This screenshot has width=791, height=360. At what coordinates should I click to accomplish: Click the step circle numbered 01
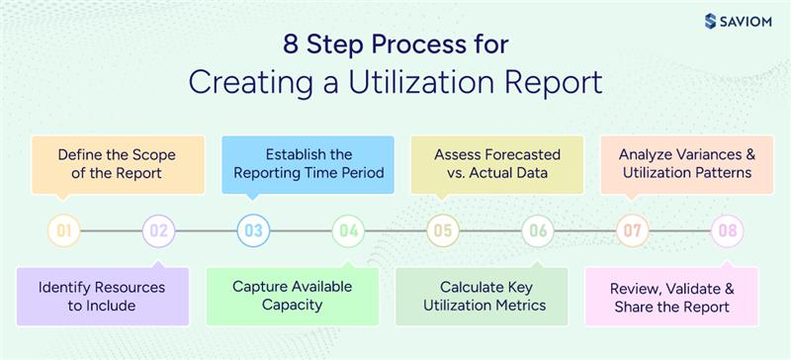click(64, 231)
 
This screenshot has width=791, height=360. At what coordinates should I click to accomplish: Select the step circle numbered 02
click(158, 231)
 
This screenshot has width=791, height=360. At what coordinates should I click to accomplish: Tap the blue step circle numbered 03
click(253, 231)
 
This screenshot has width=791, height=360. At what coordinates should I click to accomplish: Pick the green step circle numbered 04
click(348, 231)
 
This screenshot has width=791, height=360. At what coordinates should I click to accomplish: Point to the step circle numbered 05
click(443, 231)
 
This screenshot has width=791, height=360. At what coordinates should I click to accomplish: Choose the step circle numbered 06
click(538, 231)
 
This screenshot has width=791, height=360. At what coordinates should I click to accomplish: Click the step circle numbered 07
click(633, 231)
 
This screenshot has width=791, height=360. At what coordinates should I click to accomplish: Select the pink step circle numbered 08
click(728, 231)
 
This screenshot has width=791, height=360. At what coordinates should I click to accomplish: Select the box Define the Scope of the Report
click(111, 164)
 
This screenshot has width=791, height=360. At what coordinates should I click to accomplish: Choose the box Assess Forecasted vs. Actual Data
click(498, 164)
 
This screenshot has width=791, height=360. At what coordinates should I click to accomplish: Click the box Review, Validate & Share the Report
click(671, 296)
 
